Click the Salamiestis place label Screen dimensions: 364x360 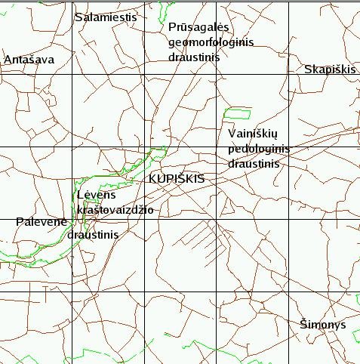click(105, 17)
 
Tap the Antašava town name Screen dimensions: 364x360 click(29, 60)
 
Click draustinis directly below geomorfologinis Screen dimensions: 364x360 click(193, 57)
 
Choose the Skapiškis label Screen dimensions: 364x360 click(329, 69)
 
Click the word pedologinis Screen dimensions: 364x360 click(258, 148)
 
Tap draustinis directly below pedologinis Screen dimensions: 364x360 click(254, 163)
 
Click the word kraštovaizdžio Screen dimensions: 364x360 click(115, 209)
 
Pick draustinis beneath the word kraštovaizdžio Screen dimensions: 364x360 click(93, 235)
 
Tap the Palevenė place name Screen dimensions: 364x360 click(42, 222)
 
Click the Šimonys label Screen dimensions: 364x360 click(322, 324)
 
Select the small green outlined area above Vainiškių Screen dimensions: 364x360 click(238, 113)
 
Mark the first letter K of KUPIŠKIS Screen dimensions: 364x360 click(153, 178)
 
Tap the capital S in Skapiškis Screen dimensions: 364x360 click(308, 69)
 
